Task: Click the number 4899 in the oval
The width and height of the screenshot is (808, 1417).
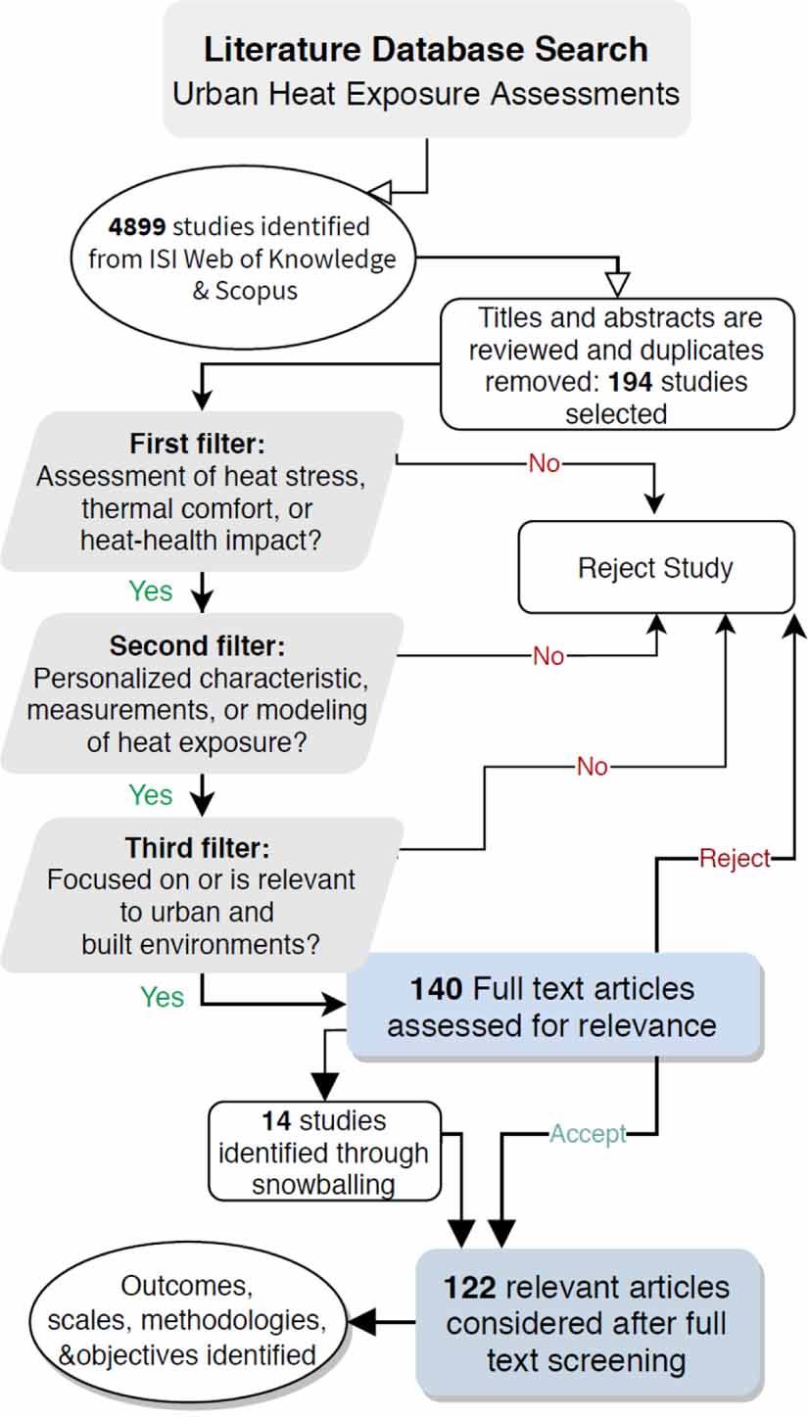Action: [137, 227]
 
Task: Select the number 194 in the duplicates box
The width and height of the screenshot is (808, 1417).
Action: [627, 381]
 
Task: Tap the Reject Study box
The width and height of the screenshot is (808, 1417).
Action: [655, 568]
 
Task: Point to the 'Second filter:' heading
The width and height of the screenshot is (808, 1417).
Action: [187, 646]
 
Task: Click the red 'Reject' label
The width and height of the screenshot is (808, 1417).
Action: [735, 859]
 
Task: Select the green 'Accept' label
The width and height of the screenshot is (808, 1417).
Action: [588, 1134]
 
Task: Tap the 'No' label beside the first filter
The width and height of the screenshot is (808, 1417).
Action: [544, 463]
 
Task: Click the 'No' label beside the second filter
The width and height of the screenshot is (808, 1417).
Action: [548, 656]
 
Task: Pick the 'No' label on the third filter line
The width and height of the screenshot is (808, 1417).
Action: [592, 767]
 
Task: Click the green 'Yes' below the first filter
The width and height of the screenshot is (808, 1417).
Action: [150, 590]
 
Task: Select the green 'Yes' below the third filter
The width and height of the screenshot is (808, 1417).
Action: [162, 997]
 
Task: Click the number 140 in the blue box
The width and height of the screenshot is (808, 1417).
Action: [437, 989]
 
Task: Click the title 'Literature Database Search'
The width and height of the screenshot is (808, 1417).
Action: [426, 49]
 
